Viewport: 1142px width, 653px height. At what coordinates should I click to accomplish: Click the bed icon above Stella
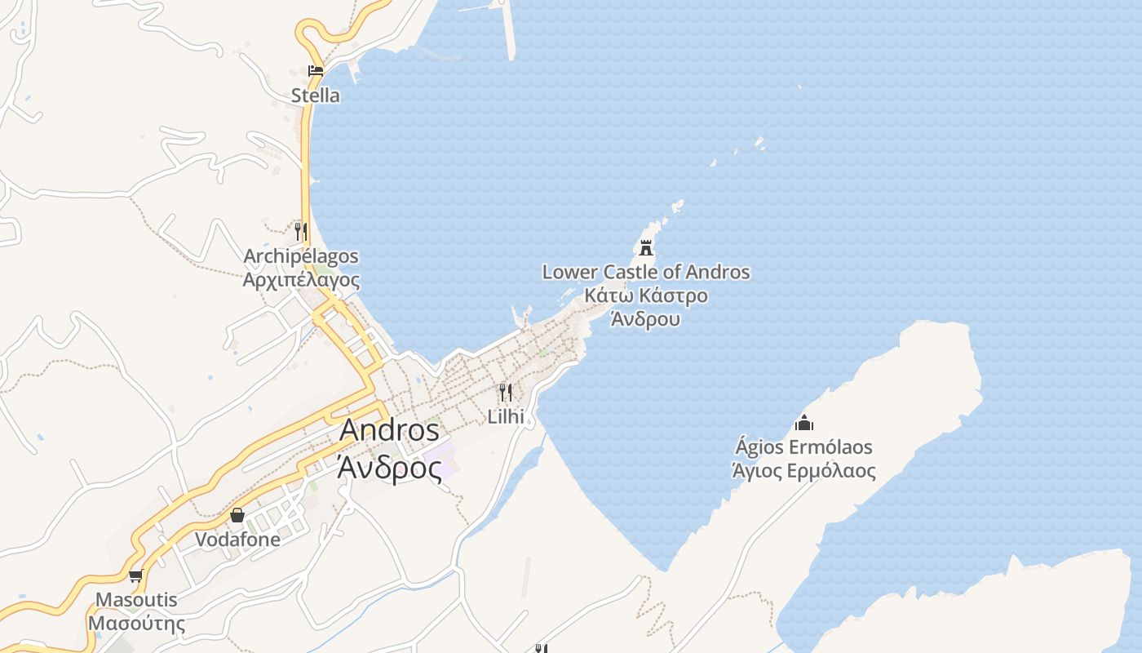tap(315, 71)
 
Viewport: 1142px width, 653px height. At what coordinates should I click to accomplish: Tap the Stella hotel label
tap(316, 96)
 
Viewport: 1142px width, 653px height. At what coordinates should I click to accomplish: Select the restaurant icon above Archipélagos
tap(301, 231)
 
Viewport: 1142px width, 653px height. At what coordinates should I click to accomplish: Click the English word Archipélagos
tap(301, 256)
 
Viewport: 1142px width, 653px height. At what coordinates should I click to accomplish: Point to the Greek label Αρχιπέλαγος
tap(301, 280)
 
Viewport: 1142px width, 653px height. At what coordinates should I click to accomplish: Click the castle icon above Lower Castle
tap(646, 247)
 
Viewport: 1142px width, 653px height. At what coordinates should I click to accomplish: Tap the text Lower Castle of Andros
tap(646, 272)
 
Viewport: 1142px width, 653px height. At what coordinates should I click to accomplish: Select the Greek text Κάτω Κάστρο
tap(646, 295)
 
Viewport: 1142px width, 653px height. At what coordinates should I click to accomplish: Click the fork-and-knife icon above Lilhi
tap(506, 393)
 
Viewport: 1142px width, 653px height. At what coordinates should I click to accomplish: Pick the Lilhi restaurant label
tap(506, 416)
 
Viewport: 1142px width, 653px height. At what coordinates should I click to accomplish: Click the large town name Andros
tap(389, 430)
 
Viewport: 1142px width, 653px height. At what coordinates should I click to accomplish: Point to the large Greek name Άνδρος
tap(389, 469)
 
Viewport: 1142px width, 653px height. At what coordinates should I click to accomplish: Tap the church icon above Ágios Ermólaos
tap(804, 423)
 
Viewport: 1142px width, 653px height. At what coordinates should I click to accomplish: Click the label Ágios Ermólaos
tap(804, 447)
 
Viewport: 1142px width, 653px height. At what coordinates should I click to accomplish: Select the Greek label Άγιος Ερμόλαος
tap(804, 471)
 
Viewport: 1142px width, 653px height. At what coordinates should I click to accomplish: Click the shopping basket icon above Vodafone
tap(237, 515)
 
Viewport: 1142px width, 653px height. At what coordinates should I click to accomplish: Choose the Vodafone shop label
tap(237, 540)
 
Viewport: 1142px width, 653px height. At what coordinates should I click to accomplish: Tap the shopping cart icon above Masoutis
tap(136, 576)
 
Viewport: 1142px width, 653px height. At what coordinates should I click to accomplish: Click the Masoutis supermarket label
tap(136, 600)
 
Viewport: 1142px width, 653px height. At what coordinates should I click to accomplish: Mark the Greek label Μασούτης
tap(136, 624)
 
